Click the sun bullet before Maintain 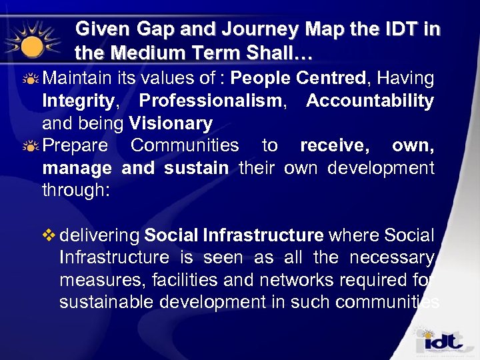click(29, 79)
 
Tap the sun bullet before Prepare click(29, 146)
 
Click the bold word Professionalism click(211, 101)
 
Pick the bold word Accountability click(369, 101)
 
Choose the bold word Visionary click(171, 123)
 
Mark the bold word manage click(77, 168)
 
